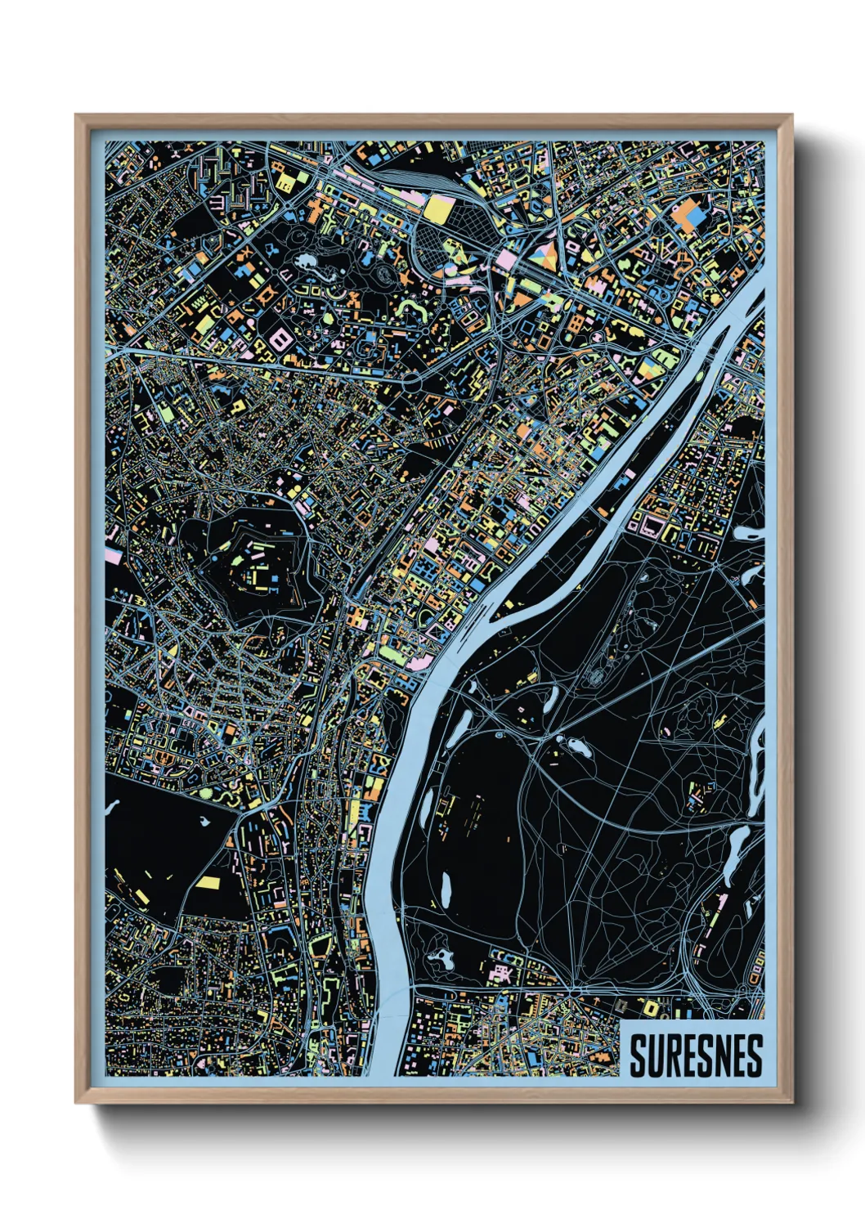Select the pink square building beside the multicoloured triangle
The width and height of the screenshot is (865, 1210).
507,259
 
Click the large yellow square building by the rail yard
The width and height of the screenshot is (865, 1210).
437,208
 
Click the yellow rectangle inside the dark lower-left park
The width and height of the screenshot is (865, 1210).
207,883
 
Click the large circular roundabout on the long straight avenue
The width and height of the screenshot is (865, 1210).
412,380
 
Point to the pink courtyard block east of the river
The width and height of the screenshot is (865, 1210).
652,524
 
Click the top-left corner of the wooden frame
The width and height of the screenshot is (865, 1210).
76,115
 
